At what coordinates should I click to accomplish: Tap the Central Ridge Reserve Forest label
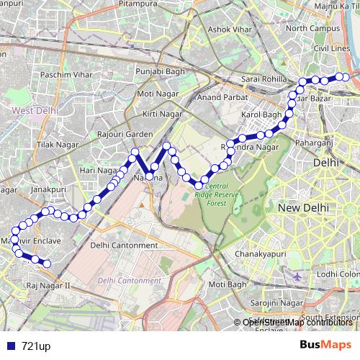coord(215,194)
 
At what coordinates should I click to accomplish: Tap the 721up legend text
coord(36,346)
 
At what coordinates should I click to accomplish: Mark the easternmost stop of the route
coord(345,77)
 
